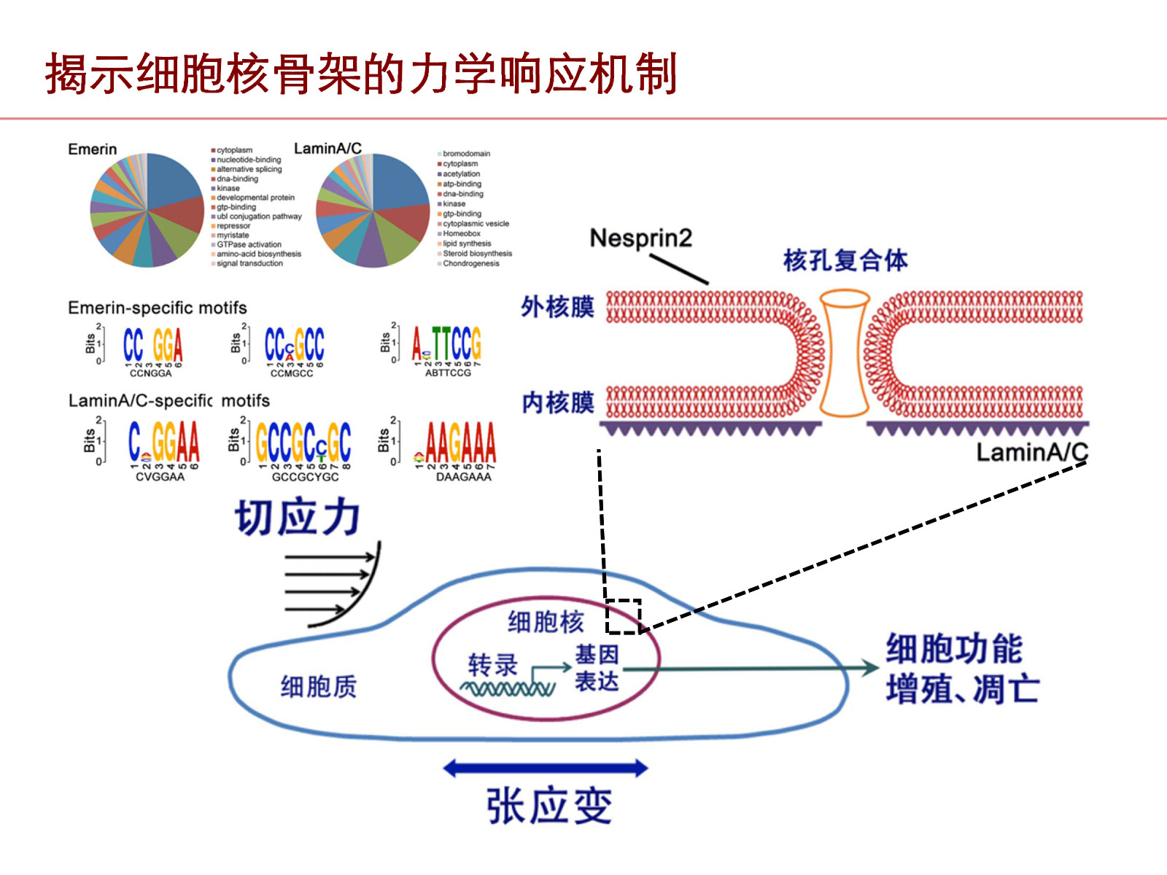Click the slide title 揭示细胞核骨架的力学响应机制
pos(361,74)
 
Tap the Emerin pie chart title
pos(92,149)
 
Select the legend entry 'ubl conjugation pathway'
pos(258,217)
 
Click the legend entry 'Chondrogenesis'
pos(470,263)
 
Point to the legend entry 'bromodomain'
pos(466,154)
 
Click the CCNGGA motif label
pos(150,373)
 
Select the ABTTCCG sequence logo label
pos(448,373)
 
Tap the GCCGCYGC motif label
pos(305,477)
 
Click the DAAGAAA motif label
pos(463,477)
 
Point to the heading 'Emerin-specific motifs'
pos(158,308)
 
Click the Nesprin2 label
pos(640,238)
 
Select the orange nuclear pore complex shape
pos(844,353)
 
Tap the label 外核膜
pos(557,307)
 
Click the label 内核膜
pos(558,402)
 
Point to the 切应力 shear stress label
pos(298,517)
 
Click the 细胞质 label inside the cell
pos(319,686)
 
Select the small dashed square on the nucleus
pos(623,616)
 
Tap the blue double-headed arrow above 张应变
pos(545,768)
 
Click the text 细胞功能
pos(954,649)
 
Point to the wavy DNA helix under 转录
pos(507,688)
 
